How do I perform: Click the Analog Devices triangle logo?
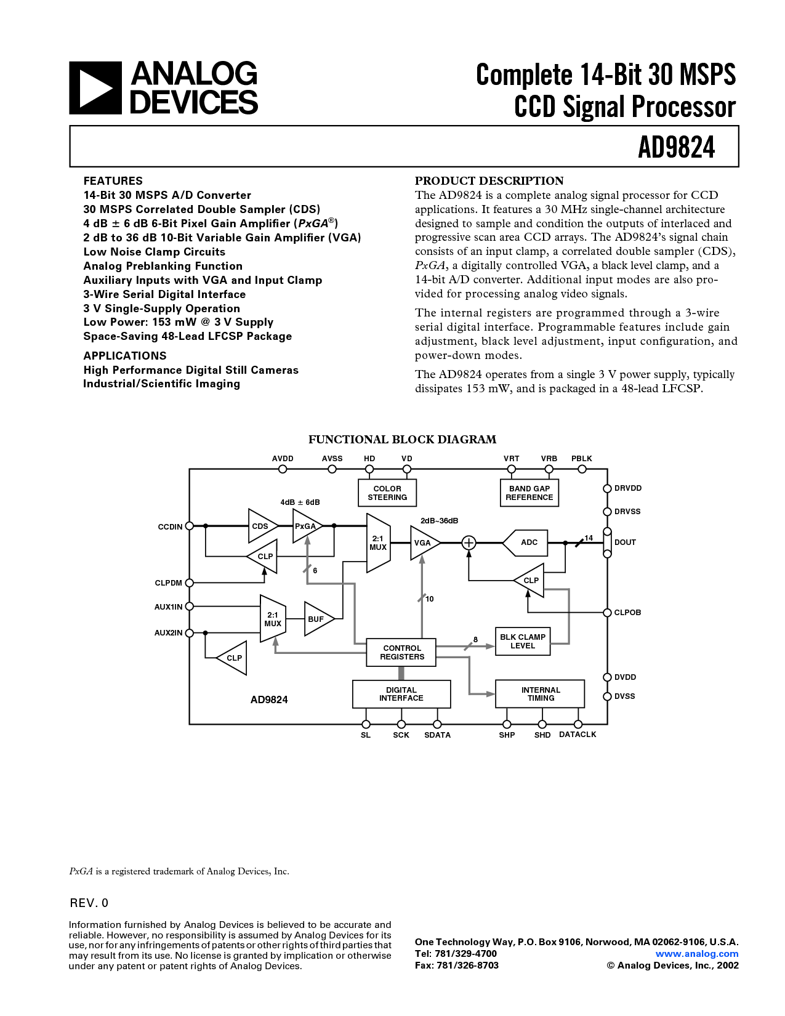(x=95, y=88)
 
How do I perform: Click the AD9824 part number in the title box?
(x=676, y=147)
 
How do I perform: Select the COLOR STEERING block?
(x=387, y=493)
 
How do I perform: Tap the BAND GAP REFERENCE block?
(x=529, y=493)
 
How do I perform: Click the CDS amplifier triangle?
(x=261, y=526)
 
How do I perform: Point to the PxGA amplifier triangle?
(x=306, y=526)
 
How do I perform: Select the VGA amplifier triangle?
(x=424, y=542)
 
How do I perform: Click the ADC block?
(x=527, y=542)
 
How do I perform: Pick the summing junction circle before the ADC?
(x=469, y=542)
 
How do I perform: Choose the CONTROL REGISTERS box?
(x=401, y=653)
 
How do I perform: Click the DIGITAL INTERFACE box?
(x=401, y=694)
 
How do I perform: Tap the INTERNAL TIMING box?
(x=541, y=694)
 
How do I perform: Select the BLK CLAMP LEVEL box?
(x=522, y=642)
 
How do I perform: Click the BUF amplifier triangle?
(x=318, y=619)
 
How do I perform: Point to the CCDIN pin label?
(x=170, y=526)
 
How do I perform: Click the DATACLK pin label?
(x=578, y=735)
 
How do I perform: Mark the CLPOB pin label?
(x=627, y=613)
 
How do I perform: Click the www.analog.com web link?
(x=697, y=954)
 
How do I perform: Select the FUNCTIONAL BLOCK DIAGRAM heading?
(x=402, y=440)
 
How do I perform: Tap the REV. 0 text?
(x=89, y=903)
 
